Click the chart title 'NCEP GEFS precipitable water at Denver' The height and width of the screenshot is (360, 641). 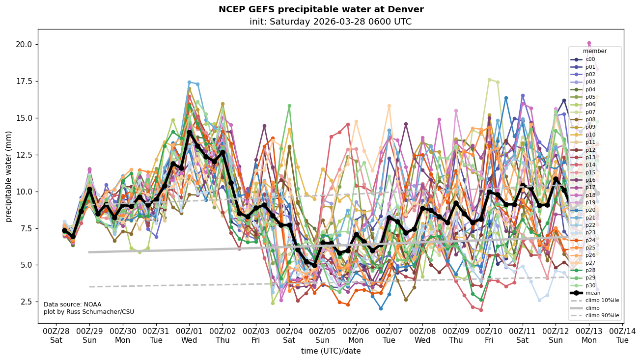(321, 9)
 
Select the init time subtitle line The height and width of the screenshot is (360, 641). (330, 22)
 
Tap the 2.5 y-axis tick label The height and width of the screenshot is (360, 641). (25, 302)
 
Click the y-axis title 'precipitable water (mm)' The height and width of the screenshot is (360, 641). (9, 176)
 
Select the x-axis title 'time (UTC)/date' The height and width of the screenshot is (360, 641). (331, 351)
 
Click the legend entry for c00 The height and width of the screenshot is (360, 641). (590, 59)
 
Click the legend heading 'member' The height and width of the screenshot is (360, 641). (595, 51)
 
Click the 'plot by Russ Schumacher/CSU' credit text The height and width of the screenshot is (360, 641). (88, 312)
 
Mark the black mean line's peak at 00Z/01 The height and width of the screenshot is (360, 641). (189, 133)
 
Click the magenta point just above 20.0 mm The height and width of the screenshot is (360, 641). (589, 43)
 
